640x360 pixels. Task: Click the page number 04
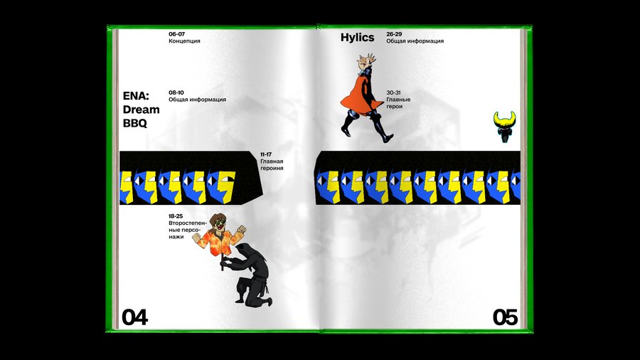coord(134,317)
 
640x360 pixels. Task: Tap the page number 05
coord(506,317)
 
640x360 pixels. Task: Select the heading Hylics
coord(357,38)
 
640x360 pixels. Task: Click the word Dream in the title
coord(142,110)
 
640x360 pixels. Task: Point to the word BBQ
coord(134,123)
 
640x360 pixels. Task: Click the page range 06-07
coord(177,34)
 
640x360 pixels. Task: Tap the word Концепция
coord(184,41)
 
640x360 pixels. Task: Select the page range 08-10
coord(176,92)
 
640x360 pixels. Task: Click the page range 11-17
coord(266,154)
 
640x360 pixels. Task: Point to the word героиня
coord(272,168)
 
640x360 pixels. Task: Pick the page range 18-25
coord(176,216)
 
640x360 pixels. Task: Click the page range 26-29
coord(394,34)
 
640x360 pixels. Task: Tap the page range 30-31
coord(393,92)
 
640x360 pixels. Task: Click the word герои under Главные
coord(394,107)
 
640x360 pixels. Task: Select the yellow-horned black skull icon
coord(504,127)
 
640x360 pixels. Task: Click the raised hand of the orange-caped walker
coord(367,60)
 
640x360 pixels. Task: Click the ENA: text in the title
coord(136,96)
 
